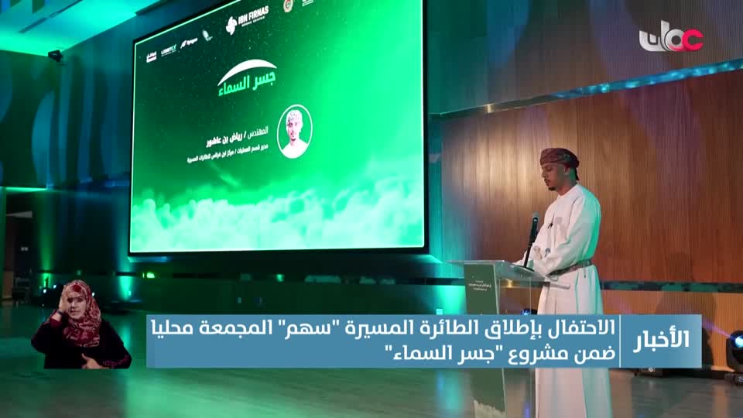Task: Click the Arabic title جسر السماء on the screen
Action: click(247, 76)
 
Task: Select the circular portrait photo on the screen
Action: click(294, 131)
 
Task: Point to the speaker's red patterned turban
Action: click(559, 157)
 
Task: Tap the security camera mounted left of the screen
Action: click(55, 56)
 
